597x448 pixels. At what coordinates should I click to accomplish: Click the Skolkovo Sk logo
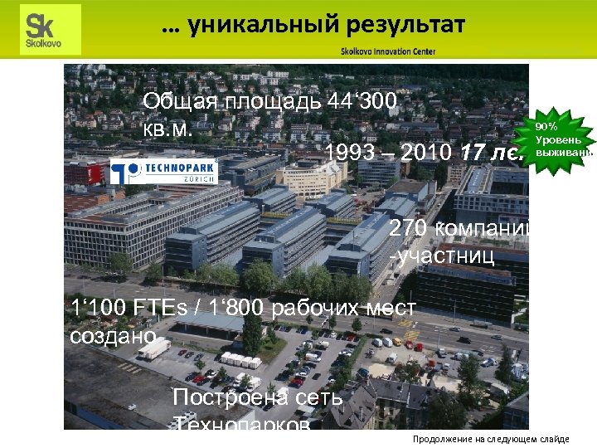49,29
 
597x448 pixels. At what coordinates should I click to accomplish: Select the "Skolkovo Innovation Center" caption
387,51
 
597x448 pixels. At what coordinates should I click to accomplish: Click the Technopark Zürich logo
164,173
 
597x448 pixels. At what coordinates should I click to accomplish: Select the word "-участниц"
441,256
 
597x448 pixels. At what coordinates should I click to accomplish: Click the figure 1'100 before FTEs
99,309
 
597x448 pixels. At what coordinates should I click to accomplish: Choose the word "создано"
114,336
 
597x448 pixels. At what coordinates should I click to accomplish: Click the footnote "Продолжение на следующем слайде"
491,439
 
